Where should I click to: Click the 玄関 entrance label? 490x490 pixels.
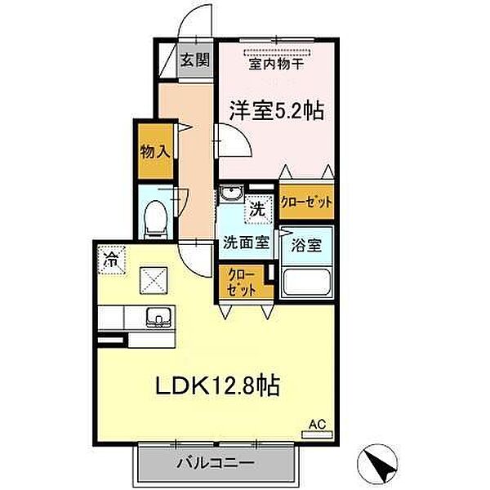[x=195, y=59]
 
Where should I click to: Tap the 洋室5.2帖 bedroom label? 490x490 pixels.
[x=276, y=110]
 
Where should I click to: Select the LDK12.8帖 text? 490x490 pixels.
[x=217, y=385]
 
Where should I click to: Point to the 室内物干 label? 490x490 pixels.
[x=276, y=64]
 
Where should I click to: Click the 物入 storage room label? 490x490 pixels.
[x=155, y=152]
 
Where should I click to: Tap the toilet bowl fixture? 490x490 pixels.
[x=156, y=220]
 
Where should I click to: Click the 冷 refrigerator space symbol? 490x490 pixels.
[x=112, y=260]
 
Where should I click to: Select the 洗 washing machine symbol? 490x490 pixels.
[x=258, y=209]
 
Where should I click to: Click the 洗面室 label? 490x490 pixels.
[x=246, y=243]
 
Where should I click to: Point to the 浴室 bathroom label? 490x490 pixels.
[x=306, y=245]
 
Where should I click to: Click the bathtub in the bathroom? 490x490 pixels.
[x=306, y=283]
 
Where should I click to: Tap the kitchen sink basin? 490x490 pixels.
[x=158, y=317]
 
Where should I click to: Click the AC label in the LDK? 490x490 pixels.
[x=317, y=424]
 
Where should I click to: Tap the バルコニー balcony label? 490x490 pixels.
[x=216, y=463]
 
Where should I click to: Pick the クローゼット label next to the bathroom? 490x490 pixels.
[x=306, y=203]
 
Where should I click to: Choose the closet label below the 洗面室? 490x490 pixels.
[x=242, y=283]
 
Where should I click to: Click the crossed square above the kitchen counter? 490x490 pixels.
[x=154, y=281]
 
